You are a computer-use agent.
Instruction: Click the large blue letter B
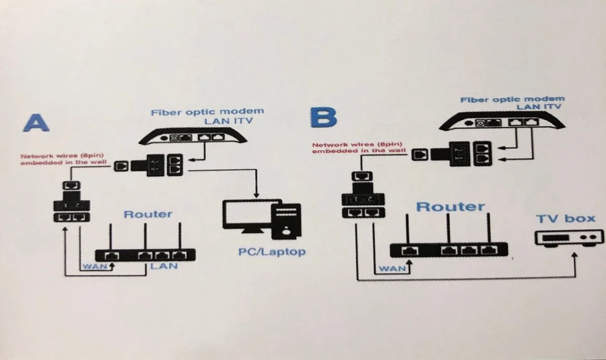324,118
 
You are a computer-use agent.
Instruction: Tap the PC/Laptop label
272,252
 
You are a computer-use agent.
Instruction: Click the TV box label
565,218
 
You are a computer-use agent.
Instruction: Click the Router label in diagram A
148,214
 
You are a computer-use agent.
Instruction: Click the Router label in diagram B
450,207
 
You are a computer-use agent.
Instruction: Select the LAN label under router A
163,266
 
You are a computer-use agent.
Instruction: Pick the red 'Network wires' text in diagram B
357,148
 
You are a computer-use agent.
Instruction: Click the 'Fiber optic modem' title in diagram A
207,111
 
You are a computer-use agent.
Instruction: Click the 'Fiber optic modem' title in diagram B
512,99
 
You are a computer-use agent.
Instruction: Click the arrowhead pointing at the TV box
574,256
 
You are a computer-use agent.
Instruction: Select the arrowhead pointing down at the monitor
256,194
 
